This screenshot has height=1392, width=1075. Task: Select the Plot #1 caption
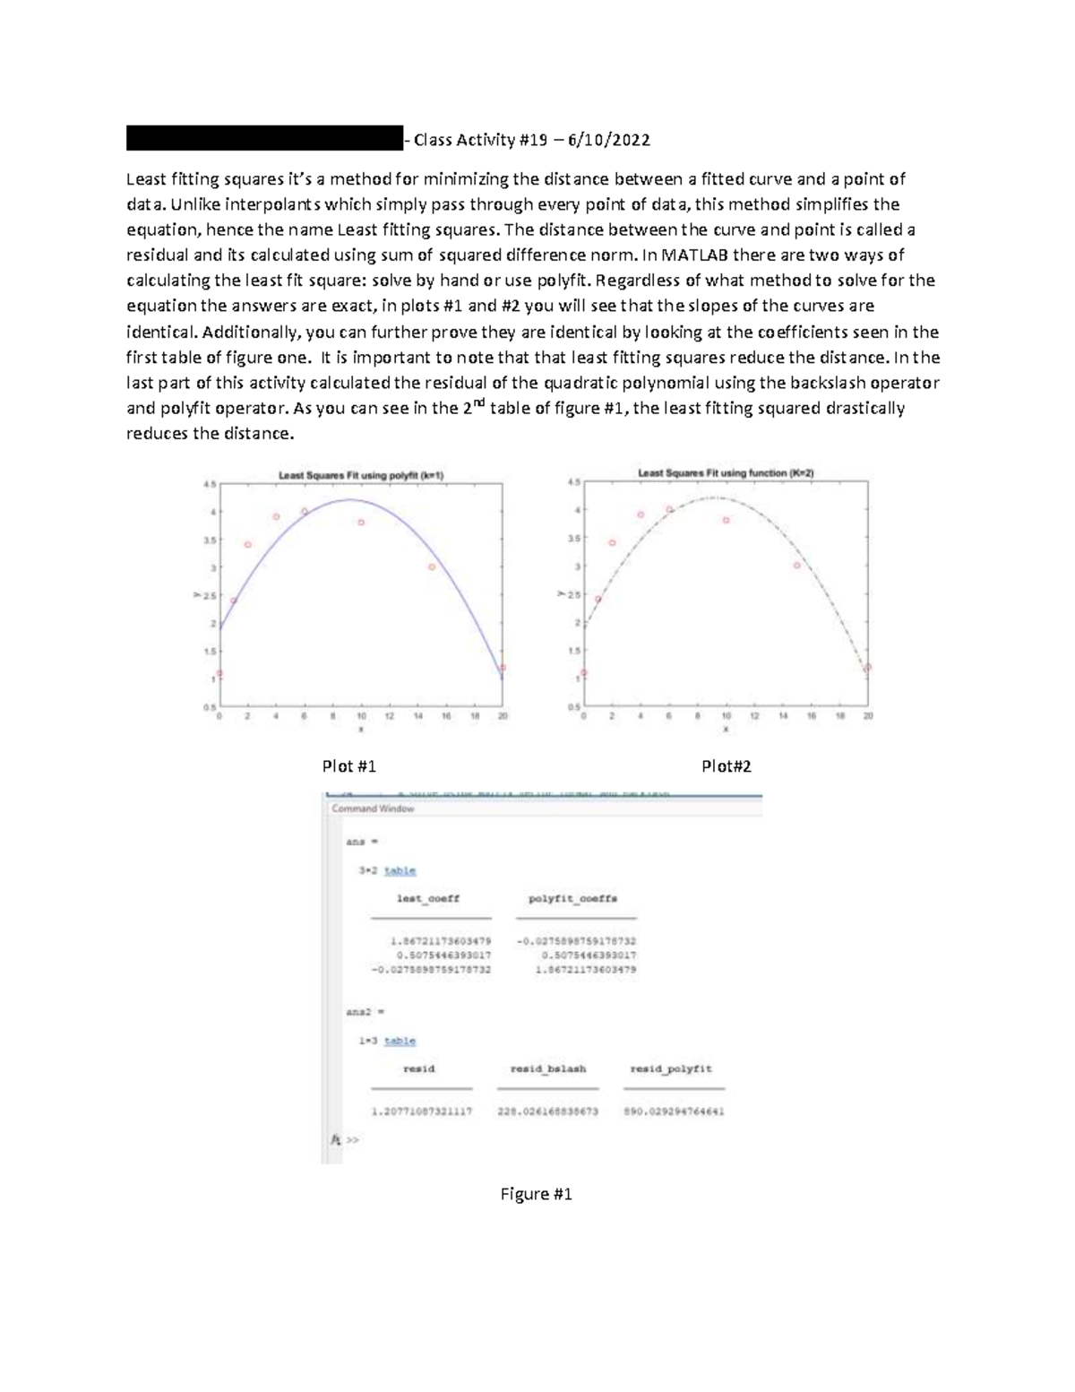tap(348, 766)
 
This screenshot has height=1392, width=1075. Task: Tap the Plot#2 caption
tap(727, 766)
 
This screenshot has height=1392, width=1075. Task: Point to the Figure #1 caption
tap(537, 1194)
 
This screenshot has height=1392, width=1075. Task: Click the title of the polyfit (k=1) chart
tap(362, 476)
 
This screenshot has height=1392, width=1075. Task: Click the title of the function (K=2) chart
tap(726, 472)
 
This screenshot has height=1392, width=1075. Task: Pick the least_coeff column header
tap(428, 898)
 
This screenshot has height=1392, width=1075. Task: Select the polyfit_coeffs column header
tap(573, 898)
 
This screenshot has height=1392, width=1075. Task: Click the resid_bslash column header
tap(547, 1068)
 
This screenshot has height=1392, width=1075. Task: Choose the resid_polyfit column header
tap(671, 1068)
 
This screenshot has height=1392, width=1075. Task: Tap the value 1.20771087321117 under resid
tap(421, 1111)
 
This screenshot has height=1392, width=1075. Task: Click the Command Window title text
tap(373, 808)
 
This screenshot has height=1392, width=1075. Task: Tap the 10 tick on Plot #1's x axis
tap(361, 716)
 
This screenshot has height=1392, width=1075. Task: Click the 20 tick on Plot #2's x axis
tap(868, 716)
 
